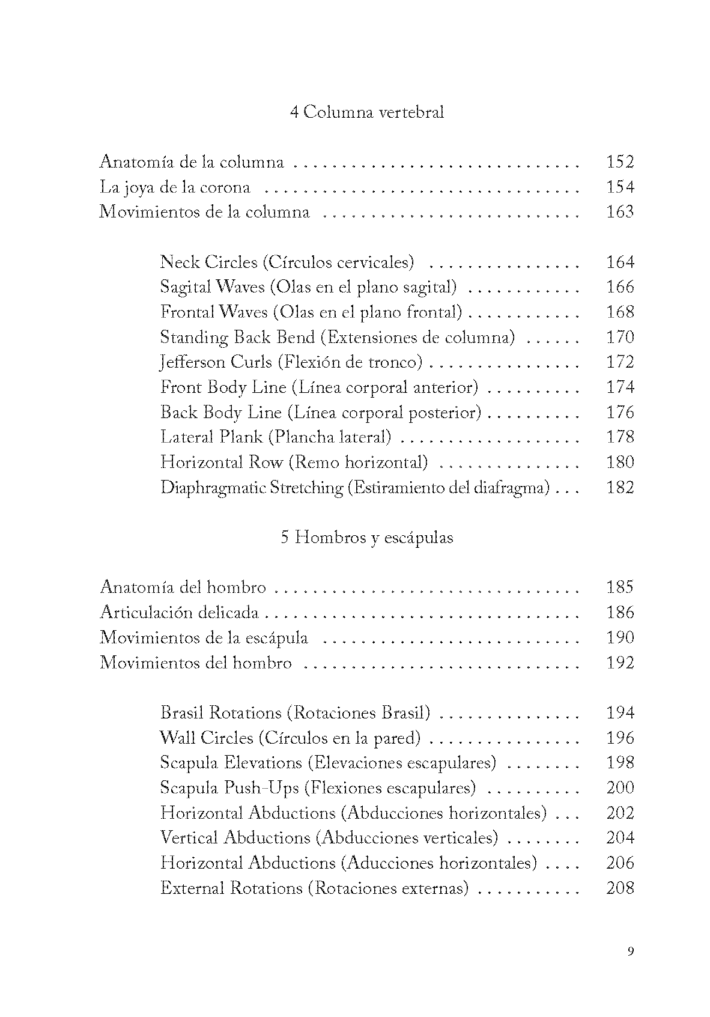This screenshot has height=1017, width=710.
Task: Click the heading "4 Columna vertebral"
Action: [x=366, y=112]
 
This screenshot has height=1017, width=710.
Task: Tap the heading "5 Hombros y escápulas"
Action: [x=366, y=537]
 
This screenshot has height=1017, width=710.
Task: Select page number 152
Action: [x=620, y=162]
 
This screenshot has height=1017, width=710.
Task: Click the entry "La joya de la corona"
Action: [x=175, y=187]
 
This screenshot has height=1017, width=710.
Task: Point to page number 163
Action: [x=620, y=212]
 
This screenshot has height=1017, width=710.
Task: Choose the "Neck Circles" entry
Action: [x=287, y=262]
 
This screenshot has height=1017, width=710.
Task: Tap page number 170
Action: [x=620, y=337]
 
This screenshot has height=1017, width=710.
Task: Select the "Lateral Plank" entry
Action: [x=276, y=437]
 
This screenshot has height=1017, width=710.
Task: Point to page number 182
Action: [x=620, y=487]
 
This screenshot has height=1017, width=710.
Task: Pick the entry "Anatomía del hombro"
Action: [x=183, y=587]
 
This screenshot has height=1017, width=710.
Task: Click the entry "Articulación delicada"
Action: [x=179, y=613]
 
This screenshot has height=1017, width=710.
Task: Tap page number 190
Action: [x=620, y=637]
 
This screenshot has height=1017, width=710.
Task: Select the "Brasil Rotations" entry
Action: [x=295, y=713]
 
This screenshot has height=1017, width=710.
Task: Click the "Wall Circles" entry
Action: [x=290, y=738]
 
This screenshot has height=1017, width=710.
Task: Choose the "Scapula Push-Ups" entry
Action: [x=318, y=788]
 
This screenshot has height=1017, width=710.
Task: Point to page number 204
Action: [x=620, y=837]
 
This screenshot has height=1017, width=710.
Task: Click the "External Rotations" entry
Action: [x=314, y=888]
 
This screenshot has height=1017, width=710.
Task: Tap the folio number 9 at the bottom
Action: [x=630, y=951]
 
